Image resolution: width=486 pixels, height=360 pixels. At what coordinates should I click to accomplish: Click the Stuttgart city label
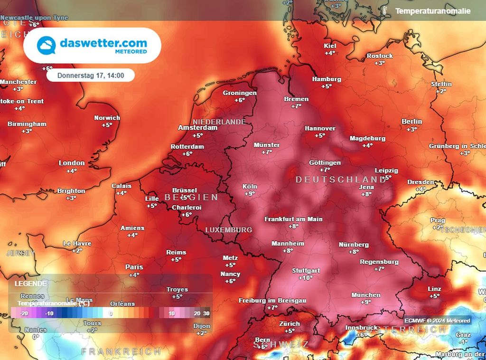tap(306, 271)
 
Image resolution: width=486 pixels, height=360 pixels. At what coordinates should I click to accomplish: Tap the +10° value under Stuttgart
tap(306, 278)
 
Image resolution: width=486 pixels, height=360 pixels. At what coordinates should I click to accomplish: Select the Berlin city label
tap(411, 122)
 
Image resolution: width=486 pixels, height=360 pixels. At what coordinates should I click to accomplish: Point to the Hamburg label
tap(327, 79)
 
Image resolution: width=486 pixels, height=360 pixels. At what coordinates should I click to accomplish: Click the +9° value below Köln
tap(250, 194)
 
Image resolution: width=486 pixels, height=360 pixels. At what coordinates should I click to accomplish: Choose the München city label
tap(365, 295)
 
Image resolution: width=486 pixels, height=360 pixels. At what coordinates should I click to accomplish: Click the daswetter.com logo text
tap(103, 43)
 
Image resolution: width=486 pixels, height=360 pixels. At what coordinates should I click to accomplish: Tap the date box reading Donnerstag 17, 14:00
tap(91, 75)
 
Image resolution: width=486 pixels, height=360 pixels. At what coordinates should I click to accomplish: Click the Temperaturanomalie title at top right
tap(433, 10)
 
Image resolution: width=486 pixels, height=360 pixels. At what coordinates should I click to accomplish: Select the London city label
tap(72, 163)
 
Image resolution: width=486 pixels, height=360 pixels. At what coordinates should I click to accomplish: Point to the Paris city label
tap(134, 267)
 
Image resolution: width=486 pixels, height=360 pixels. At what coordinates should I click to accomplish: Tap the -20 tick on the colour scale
tap(25, 313)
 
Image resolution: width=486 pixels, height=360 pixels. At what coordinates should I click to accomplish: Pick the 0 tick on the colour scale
tap(111, 313)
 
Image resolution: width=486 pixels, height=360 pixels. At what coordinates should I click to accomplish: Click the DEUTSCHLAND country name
tap(340, 180)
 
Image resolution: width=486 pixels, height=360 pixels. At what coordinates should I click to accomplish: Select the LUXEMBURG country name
tap(228, 230)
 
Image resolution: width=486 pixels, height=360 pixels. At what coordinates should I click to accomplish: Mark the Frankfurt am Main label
tap(293, 219)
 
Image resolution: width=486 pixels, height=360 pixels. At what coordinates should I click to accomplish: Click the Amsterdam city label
tap(197, 128)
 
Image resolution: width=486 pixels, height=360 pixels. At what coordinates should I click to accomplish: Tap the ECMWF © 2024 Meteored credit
tap(437, 321)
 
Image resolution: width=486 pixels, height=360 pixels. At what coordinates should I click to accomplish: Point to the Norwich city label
tap(107, 118)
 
